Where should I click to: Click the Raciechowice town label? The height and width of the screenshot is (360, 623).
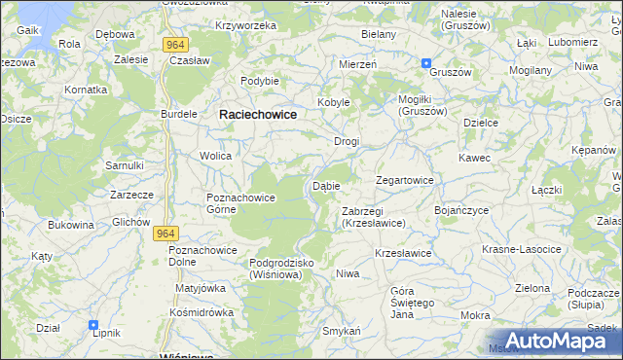pyautogui.click(x=258, y=114)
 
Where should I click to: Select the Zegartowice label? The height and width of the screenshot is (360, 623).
pyautogui.click(x=405, y=180)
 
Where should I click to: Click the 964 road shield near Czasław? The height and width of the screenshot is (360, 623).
pyautogui.click(x=176, y=44)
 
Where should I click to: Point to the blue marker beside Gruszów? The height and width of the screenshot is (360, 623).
pyautogui.click(x=426, y=63)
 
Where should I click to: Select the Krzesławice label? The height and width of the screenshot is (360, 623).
pyautogui.click(x=403, y=253)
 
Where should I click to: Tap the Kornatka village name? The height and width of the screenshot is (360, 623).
pyautogui.click(x=86, y=89)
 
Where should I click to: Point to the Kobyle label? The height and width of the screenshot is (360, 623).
pyautogui.click(x=333, y=102)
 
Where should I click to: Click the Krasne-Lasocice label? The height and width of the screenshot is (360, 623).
pyautogui.click(x=522, y=249)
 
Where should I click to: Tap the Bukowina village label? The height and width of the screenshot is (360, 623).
pyautogui.click(x=71, y=225)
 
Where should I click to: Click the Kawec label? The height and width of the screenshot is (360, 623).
pyautogui.click(x=475, y=158)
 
